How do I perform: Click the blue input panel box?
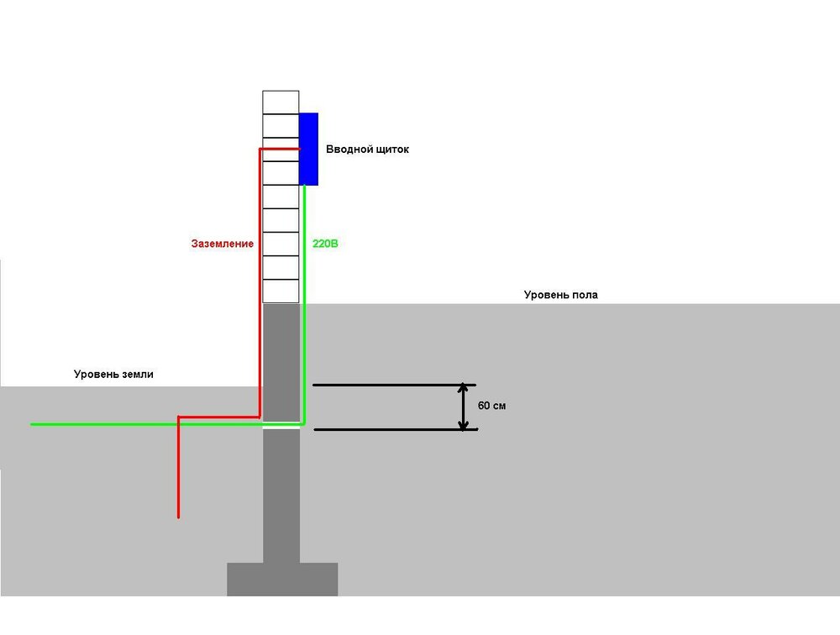click(x=308, y=149)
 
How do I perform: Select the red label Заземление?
click(x=223, y=244)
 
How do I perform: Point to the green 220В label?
click(x=325, y=244)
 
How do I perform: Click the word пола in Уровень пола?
click(x=585, y=295)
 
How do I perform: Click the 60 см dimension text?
click(x=491, y=406)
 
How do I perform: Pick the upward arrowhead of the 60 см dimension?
click(x=464, y=388)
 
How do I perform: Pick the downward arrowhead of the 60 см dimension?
click(x=464, y=425)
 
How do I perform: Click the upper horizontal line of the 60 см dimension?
click(x=394, y=385)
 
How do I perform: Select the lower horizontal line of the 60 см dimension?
click(x=396, y=429)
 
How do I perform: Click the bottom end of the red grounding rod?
click(x=178, y=517)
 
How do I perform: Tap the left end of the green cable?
click(x=32, y=424)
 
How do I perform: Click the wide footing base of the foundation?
click(x=282, y=580)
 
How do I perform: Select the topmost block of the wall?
click(x=281, y=102)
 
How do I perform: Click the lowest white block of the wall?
click(x=281, y=291)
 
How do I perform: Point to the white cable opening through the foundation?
click(x=281, y=427)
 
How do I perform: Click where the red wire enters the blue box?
click(x=299, y=149)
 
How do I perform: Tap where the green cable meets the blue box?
click(x=304, y=186)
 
